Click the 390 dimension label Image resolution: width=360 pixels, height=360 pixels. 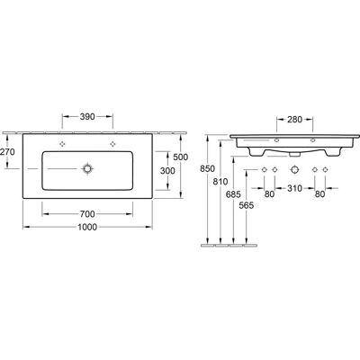(x=87, y=116)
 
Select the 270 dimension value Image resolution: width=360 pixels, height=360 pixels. (x=7, y=152)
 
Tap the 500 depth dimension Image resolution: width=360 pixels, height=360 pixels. (x=181, y=157)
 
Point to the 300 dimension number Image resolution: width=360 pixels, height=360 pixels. (x=167, y=171)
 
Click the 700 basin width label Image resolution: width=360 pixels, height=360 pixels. (x=87, y=214)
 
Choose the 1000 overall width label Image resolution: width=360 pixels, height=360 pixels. (x=87, y=227)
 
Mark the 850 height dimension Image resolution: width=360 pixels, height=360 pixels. (x=208, y=169)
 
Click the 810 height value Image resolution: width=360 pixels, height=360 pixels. (x=220, y=182)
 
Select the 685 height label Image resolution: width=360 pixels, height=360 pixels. (x=233, y=194)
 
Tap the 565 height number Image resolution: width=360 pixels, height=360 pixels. (x=247, y=205)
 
